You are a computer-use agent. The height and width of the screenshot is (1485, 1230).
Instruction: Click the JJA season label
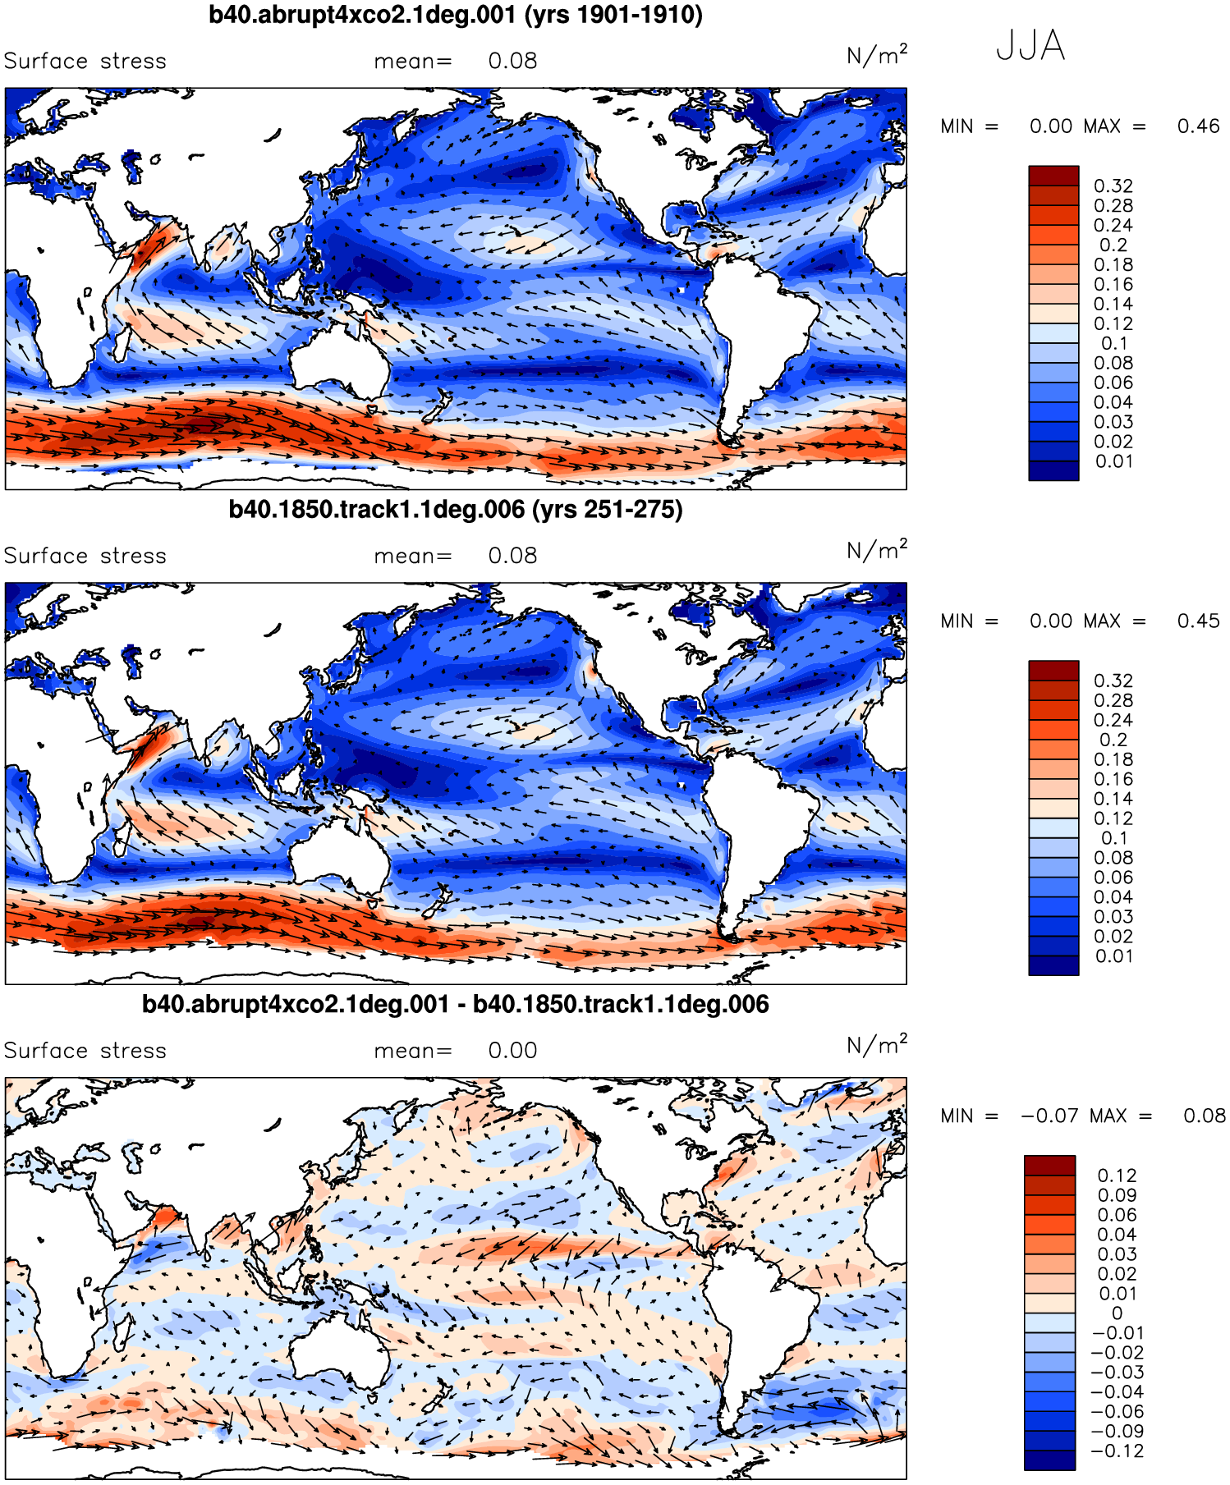click(x=1030, y=46)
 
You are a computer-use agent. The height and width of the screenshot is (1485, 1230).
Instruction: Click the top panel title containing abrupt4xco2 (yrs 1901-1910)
click(x=456, y=15)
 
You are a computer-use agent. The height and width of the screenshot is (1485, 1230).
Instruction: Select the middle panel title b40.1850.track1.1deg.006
click(x=456, y=510)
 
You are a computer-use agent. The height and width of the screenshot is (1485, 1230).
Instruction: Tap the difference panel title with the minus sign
click(x=456, y=1005)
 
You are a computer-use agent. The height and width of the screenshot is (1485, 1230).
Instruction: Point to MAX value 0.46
click(x=1198, y=126)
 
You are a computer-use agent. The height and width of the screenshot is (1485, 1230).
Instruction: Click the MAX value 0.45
click(x=1198, y=621)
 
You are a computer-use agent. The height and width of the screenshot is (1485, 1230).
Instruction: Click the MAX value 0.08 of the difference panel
click(x=1204, y=1116)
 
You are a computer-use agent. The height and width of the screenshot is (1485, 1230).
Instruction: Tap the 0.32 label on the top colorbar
click(x=1113, y=186)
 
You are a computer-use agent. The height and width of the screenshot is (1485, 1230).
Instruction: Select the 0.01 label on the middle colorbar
click(x=1113, y=956)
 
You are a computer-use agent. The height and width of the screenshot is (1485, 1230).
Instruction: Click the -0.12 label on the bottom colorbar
click(x=1117, y=1451)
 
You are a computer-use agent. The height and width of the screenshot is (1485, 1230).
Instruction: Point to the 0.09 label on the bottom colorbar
click(x=1117, y=1196)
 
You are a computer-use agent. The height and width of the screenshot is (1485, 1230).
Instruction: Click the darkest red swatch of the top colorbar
click(x=1053, y=176)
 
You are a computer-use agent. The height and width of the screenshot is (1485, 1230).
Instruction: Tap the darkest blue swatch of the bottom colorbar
click(x=1049, y=1460)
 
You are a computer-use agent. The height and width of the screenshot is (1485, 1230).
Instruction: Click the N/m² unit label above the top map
click(x=876, y=56)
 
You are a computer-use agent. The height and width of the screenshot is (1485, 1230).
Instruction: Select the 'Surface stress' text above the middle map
click(x=85, y=557)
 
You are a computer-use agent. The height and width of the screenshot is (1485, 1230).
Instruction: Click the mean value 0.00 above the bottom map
click(x=512, y=1052)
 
